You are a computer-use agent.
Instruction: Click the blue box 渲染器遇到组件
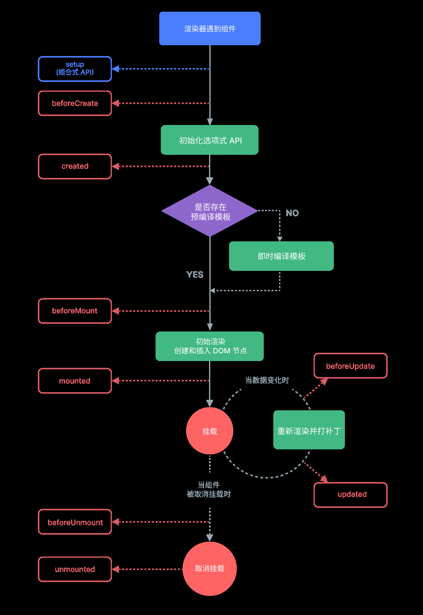(x=210, y=29)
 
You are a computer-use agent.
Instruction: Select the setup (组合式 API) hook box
(x=75, y=69)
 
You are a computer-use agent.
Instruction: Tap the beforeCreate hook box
(x=75, y=103)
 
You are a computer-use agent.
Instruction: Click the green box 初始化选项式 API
(x=210, y=140)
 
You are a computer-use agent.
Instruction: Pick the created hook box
(x=75, y=166)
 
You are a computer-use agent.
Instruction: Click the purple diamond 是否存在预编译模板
(x=210, y=211)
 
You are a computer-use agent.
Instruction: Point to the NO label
(x=292, y=213)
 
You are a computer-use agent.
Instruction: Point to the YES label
(x=195, y=275)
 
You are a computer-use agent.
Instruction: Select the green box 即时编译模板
(x=281, y=256)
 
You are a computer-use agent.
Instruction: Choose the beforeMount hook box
(x=75, y=311)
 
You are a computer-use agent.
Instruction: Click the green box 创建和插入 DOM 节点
(x=210, y=346)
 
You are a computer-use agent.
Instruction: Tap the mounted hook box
(x=75, y=381)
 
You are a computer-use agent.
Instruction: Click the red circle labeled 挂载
(x=210, y=431)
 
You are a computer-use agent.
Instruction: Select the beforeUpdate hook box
(x=350, y=366)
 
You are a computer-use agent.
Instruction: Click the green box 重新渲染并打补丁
(x=309, y=430)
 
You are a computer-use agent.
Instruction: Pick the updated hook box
(x=350, y=495)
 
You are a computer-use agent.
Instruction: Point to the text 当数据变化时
(x=267, y=380)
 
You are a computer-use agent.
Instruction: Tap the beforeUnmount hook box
(x=75, y=522)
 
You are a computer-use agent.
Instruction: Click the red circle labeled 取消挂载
(x=210, y=569)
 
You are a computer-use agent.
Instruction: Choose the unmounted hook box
(x=75, y=569)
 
